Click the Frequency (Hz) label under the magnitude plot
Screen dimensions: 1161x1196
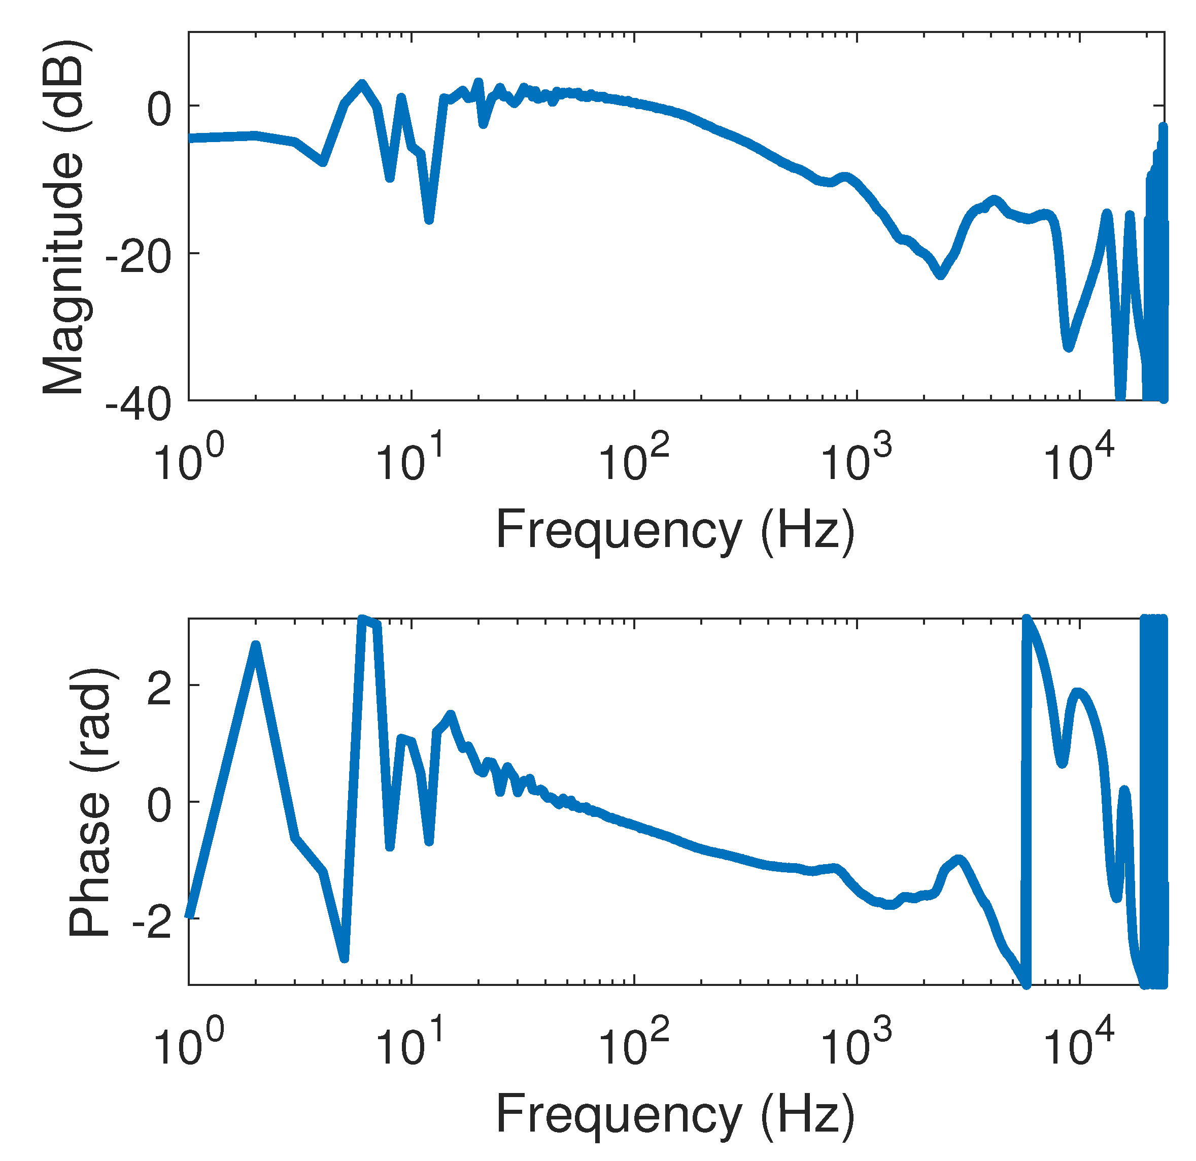[675, 531]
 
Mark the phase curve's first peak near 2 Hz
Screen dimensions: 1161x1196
[256, 645]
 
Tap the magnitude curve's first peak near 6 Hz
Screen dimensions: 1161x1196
[362, 84]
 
